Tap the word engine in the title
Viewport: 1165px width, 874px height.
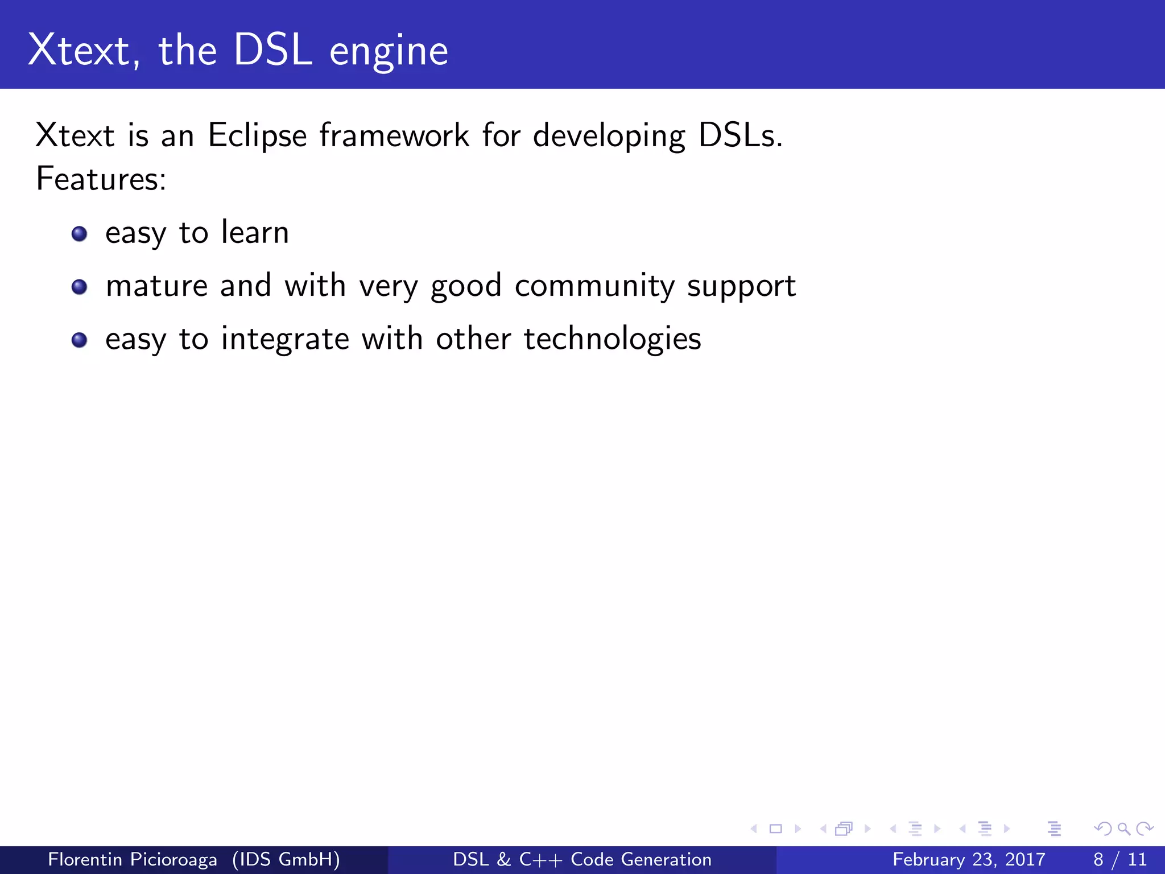(x=389, y=52)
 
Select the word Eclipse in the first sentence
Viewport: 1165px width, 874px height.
(x=257, y=137)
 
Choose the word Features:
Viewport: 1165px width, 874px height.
(x=101, y=179)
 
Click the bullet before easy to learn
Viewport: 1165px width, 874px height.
(x=80, y=234)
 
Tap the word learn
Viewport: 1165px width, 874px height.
(x=255, y=232)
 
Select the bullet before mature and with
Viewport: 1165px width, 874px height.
(x=80, y=287)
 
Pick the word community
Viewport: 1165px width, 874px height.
(x=594, y=286)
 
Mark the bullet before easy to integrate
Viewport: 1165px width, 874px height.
(x=80, y=340)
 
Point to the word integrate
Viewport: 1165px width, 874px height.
(x=285, y=339)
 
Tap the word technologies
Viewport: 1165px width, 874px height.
(x=612, y=339)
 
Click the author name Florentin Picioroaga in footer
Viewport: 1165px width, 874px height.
(x=132, y=859)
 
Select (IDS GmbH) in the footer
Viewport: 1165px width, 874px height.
(x=286, y=859)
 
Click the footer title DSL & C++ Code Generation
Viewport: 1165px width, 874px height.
(x=582, y=859)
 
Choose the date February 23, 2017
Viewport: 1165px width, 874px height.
(x=969, y=859)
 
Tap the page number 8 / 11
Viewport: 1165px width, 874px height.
(x=1119, y=859)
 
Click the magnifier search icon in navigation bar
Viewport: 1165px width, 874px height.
(x=1123, y=829)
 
